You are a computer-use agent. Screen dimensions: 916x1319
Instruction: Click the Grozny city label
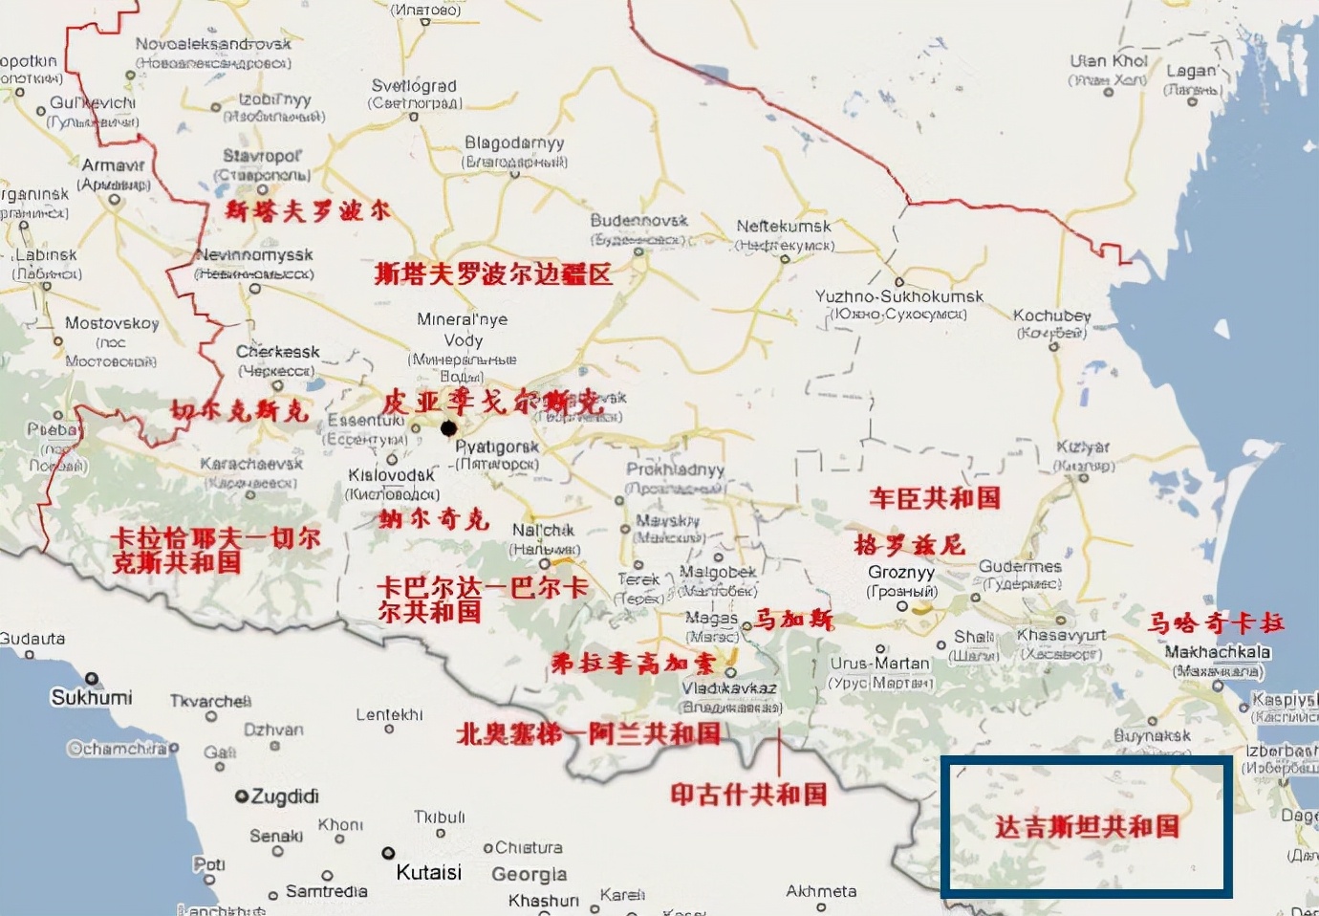(901, 572)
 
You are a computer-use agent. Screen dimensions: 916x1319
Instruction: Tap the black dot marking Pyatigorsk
(448, 427)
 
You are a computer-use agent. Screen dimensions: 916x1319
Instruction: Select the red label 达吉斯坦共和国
(1087, 827)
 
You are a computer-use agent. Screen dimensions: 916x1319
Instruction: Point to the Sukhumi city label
(92, 697)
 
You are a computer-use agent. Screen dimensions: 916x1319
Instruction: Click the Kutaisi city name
(428, 872)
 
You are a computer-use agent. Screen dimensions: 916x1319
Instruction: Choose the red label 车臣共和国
(935, 498)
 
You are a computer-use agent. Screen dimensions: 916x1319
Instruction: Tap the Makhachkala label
(1217, 652)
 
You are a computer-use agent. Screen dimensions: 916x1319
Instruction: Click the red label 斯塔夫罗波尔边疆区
(493, 274)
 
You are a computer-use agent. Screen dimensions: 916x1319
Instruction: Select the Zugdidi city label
(284, 796)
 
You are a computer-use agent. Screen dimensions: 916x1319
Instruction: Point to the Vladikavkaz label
(729, 688)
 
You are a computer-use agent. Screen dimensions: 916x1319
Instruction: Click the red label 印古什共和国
(748, 794)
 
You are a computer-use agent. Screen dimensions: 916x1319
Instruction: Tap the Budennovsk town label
(638, 221)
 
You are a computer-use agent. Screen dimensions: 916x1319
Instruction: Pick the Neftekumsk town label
(784, 227)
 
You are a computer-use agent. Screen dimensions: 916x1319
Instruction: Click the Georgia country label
(529, 874)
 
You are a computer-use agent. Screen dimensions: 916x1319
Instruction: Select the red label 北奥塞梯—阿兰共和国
(588, 733)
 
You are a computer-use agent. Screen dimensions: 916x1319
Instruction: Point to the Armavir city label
(113, 165)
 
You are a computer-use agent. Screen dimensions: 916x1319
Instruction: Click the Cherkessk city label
(278, 352)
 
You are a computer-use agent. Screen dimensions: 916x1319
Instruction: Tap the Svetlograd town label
(414, 86)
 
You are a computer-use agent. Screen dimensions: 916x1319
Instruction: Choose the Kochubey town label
(1051, 316)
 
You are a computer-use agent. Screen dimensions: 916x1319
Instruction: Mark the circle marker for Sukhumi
(92, 679)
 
